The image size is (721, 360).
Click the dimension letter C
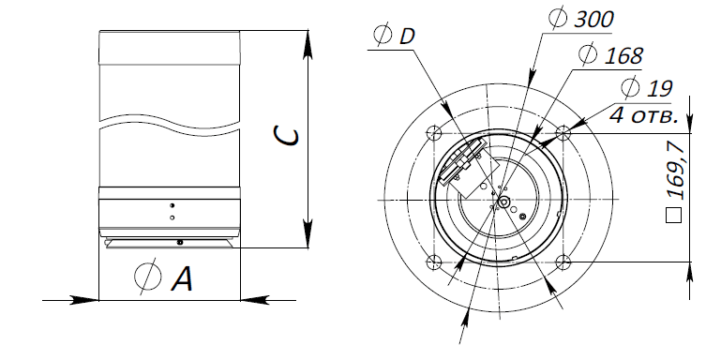point(286,136)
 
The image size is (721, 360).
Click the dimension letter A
point(183,278)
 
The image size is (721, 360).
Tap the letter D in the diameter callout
point(407,36)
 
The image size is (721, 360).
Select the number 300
point(594,20)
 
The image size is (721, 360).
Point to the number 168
point(623,55)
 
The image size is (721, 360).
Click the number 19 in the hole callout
point(660,89)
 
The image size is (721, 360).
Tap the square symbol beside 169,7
point(673,216)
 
